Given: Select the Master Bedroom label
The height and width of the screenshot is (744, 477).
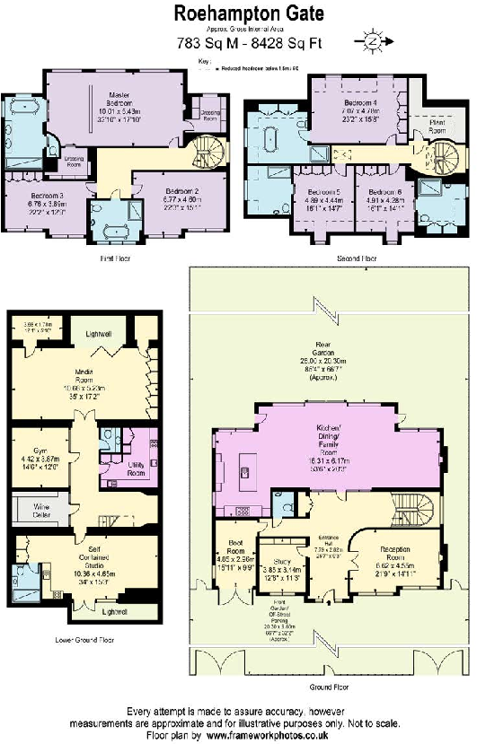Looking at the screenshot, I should (x=120, y=98).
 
